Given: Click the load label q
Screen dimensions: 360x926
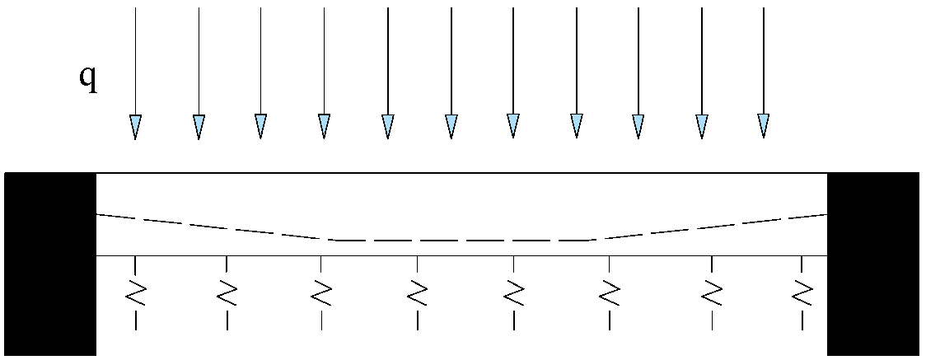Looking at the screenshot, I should point(87,78).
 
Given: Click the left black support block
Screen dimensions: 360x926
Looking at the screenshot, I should point(50,264).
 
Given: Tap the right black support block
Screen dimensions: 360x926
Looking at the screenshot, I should point(872,264).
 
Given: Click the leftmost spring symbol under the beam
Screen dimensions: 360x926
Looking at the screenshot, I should point(135,292).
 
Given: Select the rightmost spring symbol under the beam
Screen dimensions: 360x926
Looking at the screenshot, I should point(802,292).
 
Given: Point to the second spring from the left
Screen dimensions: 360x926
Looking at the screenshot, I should point(227,292).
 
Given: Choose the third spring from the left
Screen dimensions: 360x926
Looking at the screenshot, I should point(321,292).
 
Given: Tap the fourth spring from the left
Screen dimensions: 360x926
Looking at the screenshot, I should point(418,292).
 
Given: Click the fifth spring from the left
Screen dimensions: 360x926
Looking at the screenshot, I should point(513,292).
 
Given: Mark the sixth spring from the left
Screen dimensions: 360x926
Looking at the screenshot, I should point(609,292).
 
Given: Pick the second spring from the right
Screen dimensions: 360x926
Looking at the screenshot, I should point(712,292).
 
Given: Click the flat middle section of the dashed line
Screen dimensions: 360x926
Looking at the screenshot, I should point(461,240).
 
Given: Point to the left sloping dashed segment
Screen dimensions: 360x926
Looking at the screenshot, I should point(214,227).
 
